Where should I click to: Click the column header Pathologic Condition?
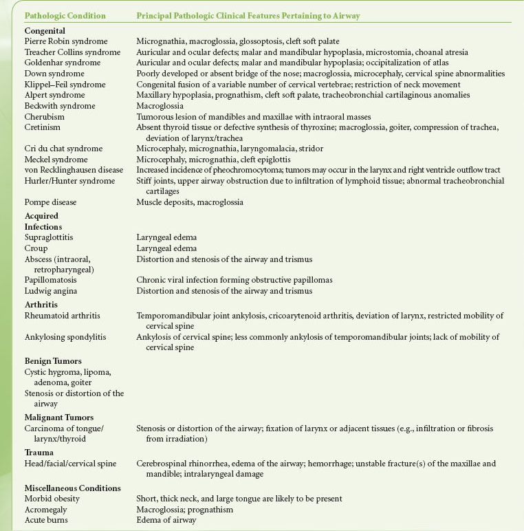65,15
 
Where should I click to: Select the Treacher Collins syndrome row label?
72,52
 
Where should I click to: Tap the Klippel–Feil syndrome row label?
65,85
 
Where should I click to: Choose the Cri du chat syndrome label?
63,149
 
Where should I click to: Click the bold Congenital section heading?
45,30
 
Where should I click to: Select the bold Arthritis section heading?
41,304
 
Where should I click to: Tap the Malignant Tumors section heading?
58,418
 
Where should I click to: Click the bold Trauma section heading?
39,452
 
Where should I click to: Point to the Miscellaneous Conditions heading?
72,488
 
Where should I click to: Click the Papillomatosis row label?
50,280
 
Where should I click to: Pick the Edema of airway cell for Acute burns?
166,520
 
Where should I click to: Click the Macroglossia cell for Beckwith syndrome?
160,106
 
